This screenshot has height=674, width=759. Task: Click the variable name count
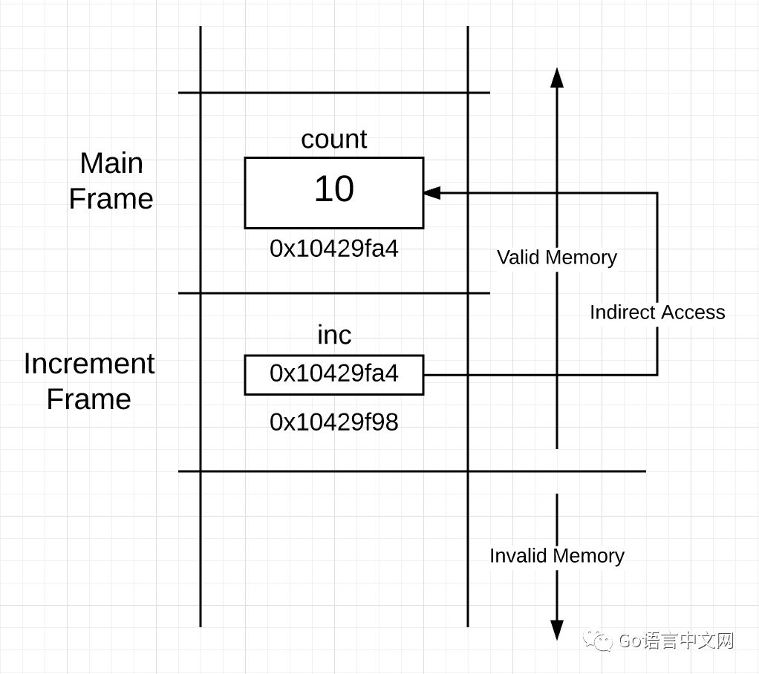click(x=333, y=140)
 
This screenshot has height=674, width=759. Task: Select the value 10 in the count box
click(x=333, y=189)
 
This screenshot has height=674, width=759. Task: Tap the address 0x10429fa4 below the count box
click(x=333, y=249)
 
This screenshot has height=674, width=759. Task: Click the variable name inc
click(x=333, y=336)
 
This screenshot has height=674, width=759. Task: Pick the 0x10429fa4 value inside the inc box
click(x=333, y=373)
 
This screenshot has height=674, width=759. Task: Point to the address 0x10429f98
click(x=333, y=422)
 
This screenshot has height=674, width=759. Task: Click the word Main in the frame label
click(x=111, y=163)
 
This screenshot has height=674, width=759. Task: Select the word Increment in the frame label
click(x=89, y=364)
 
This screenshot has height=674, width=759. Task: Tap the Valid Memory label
click(x=557, y=258)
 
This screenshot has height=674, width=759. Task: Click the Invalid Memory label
click(x=557, y=556)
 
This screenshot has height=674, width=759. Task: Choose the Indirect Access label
click(x=657, y=313)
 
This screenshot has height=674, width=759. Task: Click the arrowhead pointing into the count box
click(x=431, y=193)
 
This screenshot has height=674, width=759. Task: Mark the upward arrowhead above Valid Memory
click(x=557, y=77)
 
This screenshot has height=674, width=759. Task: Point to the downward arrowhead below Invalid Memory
click(x=557, y=630)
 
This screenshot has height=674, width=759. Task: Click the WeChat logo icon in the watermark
click(x=598, y=641)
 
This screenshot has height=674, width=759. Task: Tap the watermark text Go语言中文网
click(x=676, y=641)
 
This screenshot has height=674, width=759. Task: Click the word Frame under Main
click(x=111, y=199)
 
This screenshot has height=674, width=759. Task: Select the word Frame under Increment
click(x=89, y=399)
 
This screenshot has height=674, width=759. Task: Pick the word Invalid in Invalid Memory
click(x=517, y=556)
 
